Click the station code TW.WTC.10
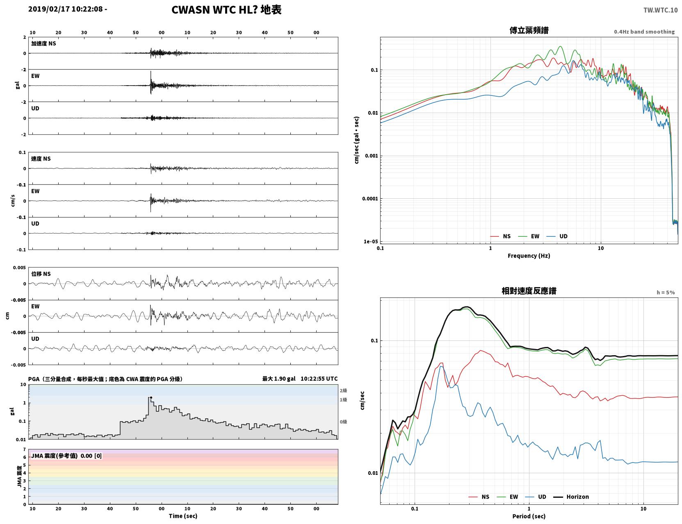click(x=660, y=10)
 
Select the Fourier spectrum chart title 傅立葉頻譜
click(x=529, y=30)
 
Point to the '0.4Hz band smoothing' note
click(x=644, y=32)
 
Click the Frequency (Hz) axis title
click(x=529, y=256)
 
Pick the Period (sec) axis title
click(x=529, y=516)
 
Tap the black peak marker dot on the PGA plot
click(x=151, y=398)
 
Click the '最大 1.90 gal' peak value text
click(x=279, y=379)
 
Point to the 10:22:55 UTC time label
click(x=319, y=379)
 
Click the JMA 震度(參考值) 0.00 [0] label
click(x=66, y=456)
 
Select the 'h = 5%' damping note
click(x=665, y=293)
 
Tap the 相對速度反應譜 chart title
click(x=529, y=291)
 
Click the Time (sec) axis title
click(x=183, y=516)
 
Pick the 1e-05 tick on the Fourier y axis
click(x=371, y=241)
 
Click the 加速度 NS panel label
click(x=43, y=43)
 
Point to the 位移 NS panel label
click(x=41, y=274)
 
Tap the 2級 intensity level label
click(x=343, y=390)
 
